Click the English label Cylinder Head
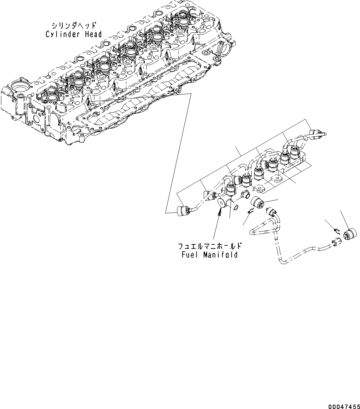74,34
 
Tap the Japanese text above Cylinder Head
74,26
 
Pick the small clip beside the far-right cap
335,230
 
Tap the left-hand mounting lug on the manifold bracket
261,188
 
